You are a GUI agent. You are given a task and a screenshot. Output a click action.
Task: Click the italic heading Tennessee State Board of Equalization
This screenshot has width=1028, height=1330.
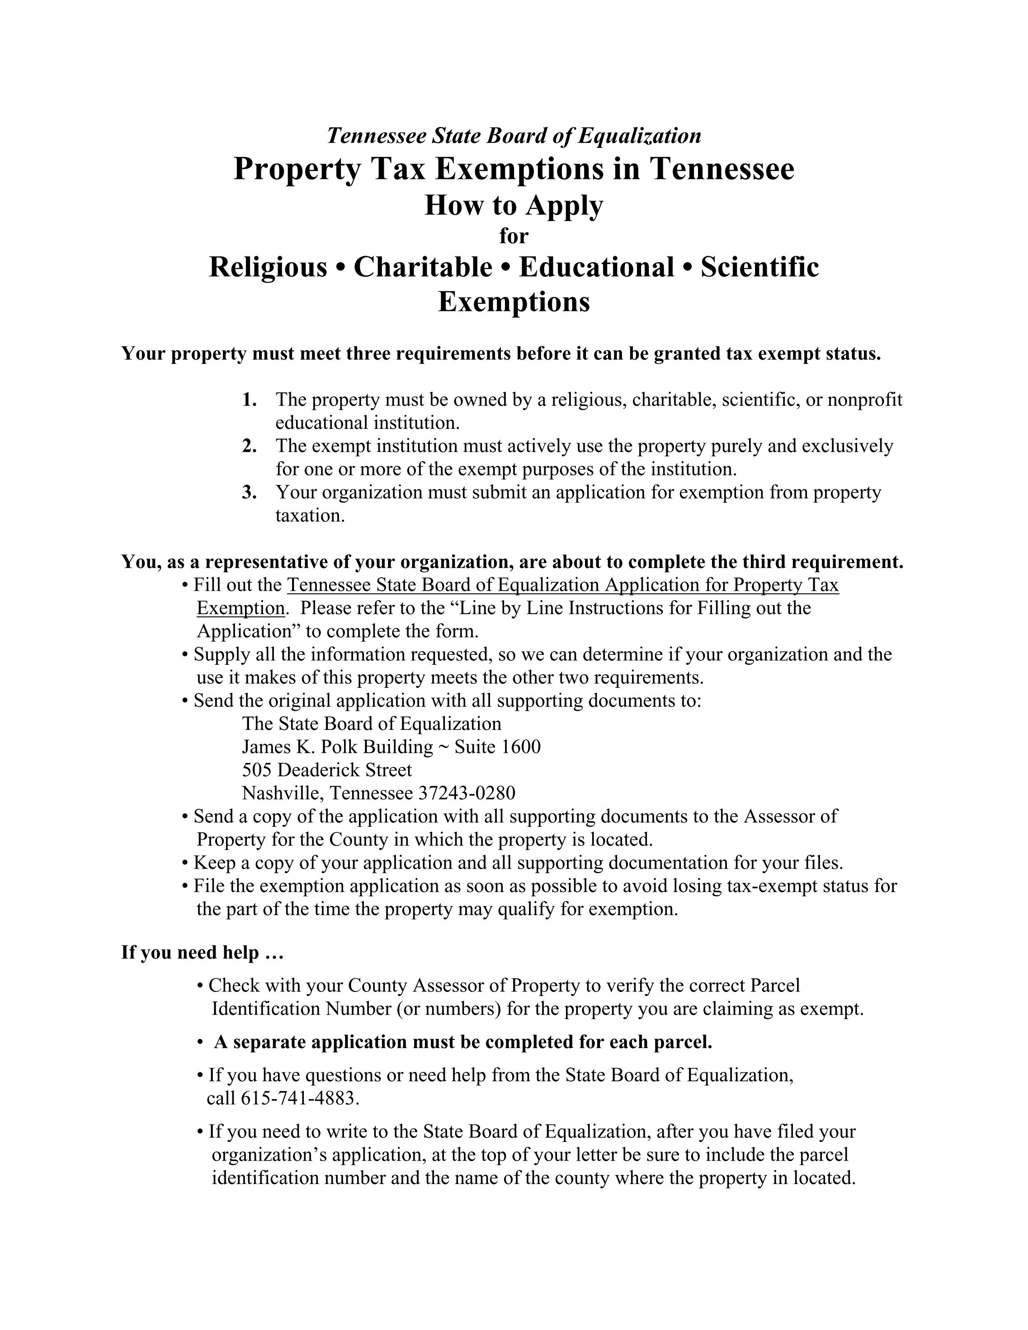click(x=514, y=135)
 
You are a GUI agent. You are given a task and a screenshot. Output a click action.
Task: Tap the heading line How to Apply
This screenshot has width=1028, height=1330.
click(x=514, y=205)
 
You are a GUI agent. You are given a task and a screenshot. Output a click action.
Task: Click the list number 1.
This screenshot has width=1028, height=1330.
click(x=249, y=400)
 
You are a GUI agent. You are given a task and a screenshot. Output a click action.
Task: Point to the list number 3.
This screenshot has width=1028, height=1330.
click(x=249, y=492)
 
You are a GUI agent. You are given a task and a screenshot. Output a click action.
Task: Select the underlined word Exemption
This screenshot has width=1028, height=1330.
click(x=240, y=608)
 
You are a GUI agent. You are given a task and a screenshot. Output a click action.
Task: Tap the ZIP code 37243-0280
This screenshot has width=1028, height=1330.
click(x=467, y=793)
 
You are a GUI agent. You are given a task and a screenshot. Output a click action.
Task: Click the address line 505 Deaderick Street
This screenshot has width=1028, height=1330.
click(x=327, y=770)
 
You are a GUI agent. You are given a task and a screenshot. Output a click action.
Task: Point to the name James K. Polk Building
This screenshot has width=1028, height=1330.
click(x=337, y=747)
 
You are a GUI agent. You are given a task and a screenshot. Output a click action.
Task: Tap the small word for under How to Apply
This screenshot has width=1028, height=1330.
click(x=514, y=235)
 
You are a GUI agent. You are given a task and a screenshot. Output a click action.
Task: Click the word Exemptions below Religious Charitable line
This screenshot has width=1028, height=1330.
click(x=514, y=301)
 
